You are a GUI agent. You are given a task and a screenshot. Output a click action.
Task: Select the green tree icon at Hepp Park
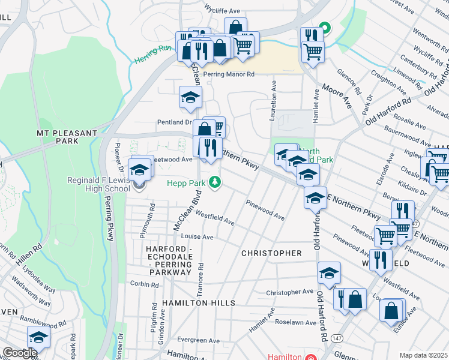214,182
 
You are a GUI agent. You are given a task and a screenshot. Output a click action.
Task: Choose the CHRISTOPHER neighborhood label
271,253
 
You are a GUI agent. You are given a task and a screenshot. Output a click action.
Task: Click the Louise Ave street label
197,237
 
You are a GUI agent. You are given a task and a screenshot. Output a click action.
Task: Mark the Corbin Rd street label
139,284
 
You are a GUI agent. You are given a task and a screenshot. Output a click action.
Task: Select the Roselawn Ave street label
295,323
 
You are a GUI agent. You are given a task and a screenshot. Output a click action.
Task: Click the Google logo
20,352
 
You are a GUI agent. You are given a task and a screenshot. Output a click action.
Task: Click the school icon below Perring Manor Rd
191,97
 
